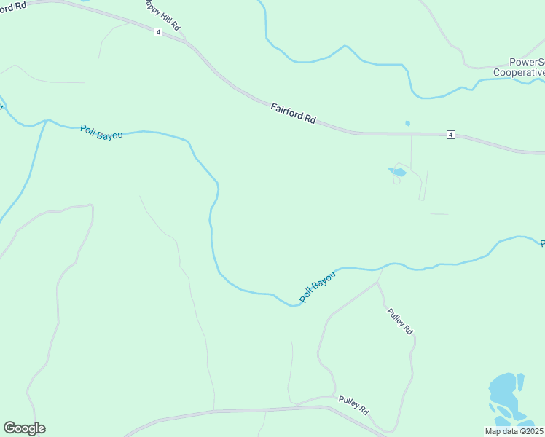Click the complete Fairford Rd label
[293, 113]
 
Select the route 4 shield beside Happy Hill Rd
[157, 32]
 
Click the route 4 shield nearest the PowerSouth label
[451, 135]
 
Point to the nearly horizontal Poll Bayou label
[101, 132]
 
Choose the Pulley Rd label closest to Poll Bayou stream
[400, 320]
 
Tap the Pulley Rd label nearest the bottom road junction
[353, 404]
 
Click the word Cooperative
[519, 72]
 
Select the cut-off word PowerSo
[526, 62]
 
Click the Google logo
[24, 428]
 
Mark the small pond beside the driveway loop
[398, 172]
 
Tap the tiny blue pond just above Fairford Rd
[407, 123]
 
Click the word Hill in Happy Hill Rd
[165, 15]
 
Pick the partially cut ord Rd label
[15, 4]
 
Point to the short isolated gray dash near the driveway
[439, 213]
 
